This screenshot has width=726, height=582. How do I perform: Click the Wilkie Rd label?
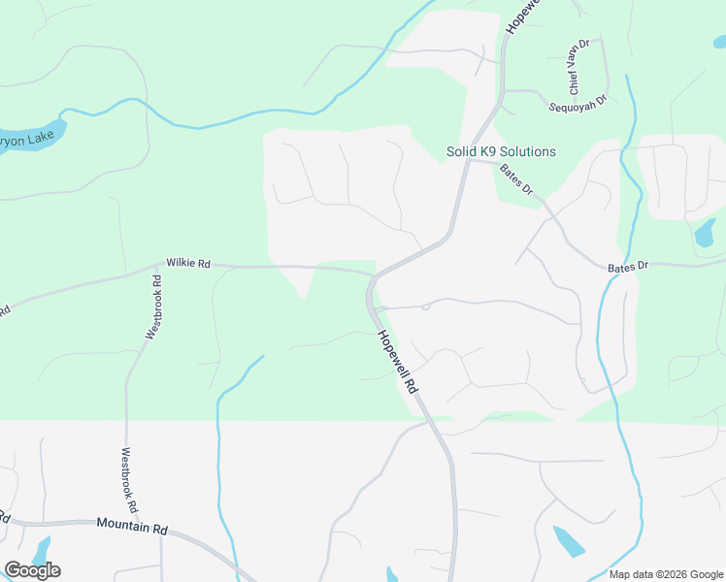pyautogui.click(x=188, y=263)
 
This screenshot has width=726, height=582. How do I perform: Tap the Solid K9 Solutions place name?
pyautogui.click(x=501, y=152)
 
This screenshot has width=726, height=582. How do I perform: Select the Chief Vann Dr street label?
pyautogui.click(x=578, y=67)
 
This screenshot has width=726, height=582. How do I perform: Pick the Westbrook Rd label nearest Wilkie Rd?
pyautogui.click(x=153, y=307)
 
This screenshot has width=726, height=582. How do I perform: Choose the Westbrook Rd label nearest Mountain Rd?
pyautogui.click(x=129, y=479)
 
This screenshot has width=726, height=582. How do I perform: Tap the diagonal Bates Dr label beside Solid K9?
pyautogui.click(x=517, y=179)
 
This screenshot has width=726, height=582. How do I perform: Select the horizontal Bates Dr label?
pyautogui.click(x=627, y=267)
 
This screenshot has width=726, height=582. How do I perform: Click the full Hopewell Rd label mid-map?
pyautogui.click(x=397, y=360)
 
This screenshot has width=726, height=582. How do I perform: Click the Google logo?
pyautogui.click(x=32, y=570)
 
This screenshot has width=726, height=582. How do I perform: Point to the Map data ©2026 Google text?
pyautogui.click(x=666, y=574)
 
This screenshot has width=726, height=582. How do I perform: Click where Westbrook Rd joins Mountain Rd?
pyautogui.click(x=127, y=524)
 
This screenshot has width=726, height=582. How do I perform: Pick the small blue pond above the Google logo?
pyautogui.click(x=42, y=548)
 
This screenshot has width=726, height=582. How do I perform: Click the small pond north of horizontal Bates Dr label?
pyautogui.click(x=704, y=233)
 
